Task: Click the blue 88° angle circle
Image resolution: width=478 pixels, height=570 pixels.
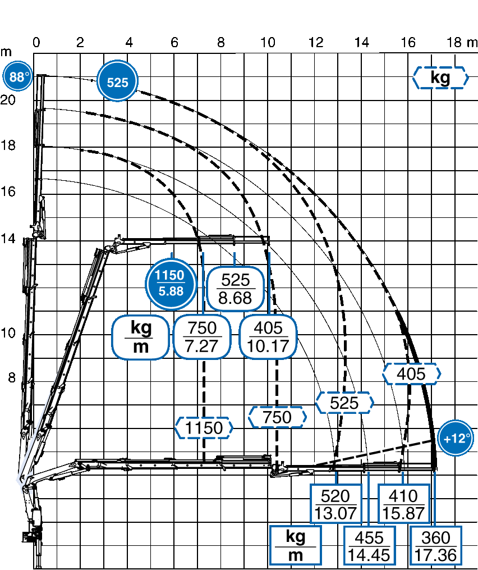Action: click(17, 77)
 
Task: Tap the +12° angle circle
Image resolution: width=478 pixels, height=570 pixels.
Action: click(456, 439)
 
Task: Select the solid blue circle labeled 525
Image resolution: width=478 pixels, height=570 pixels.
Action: click(117, 81)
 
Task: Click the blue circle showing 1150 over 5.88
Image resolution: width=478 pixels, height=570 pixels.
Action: click(171, 284)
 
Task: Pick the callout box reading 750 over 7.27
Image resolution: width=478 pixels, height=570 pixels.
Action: click(202, 337)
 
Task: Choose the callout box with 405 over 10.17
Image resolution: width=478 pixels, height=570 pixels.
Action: click(268, 337)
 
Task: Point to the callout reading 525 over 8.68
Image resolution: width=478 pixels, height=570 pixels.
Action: click(236, 289)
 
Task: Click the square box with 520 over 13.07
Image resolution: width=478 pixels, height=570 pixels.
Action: click(336, 504)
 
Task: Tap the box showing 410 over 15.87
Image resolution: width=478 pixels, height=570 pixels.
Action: click(403, 504)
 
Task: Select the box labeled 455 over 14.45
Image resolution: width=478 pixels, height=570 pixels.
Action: click(369, 546)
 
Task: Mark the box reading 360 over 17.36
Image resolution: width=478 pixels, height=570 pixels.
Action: click(436, 546)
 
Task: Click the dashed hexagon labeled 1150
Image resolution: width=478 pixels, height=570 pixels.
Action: click(204, 428)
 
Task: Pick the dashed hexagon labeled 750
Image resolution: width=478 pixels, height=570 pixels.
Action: click(277, 417)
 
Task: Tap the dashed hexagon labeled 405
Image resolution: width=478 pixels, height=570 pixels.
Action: click(411, 373)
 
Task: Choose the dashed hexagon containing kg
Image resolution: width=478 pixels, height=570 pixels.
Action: click(440, 77)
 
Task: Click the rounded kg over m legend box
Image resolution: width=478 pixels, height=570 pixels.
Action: click(141, 337)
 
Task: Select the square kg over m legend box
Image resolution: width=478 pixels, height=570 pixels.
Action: click(296, 546)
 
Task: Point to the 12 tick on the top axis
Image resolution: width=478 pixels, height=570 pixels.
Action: click(316, 43)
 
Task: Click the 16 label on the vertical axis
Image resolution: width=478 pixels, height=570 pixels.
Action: click(8, 191)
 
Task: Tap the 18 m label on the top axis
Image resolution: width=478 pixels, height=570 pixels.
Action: click(461, 43)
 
